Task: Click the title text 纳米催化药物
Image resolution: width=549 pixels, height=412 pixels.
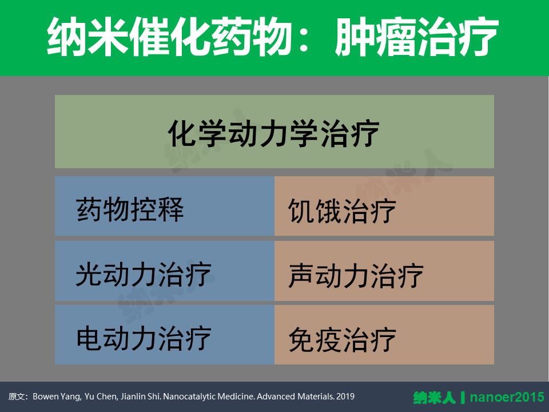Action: (x=169, y=37)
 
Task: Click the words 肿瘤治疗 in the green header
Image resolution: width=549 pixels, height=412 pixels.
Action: (x=417, y=37)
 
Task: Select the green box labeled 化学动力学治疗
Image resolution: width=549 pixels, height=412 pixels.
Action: (x=274, y=132)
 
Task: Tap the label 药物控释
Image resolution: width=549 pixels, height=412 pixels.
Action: (x=130, y=209)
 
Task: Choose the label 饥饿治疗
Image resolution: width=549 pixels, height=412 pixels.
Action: (x=342, y=211)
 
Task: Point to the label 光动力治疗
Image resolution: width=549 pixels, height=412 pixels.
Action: (x=144, y=274)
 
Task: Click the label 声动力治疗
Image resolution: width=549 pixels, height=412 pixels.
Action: (x=356, y=276)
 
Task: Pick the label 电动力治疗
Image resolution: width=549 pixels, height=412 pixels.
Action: (x=144, y=338)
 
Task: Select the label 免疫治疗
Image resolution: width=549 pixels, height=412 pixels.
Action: (x=342, y=340)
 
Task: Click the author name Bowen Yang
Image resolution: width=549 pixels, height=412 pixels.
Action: (x=57, y=397)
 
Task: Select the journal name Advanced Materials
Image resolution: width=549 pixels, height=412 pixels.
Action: (x=296, y=397)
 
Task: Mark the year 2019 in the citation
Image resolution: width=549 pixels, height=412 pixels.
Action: (x=345, y=397)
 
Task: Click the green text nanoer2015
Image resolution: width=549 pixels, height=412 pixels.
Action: (x=507, y=397)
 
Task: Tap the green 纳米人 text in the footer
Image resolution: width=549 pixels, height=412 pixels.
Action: (x=435, y=398)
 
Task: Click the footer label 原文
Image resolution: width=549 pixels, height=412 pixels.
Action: (x=17, y=397)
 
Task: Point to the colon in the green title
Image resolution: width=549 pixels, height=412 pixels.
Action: (x=304, y=38)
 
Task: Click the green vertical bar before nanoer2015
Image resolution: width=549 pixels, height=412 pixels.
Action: (x=463, y=398)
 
